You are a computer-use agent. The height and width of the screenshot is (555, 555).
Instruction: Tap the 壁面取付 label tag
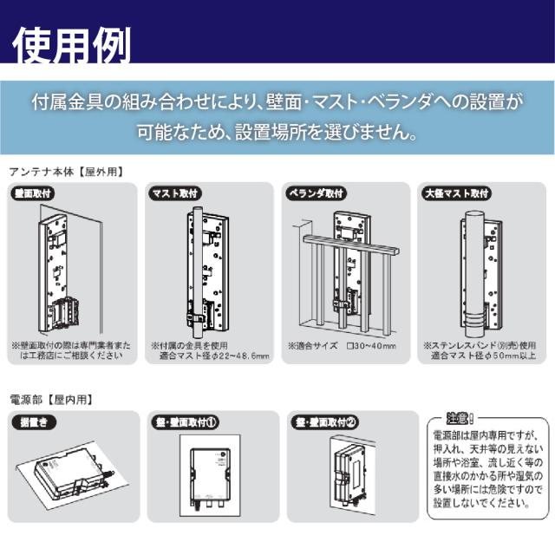(34, 193)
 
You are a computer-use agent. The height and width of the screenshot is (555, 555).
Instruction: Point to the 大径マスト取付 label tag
(456, 193)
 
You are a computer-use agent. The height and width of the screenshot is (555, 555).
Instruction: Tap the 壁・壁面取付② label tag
(325, 421)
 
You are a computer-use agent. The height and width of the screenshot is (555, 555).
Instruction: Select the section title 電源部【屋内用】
(50, 400)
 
